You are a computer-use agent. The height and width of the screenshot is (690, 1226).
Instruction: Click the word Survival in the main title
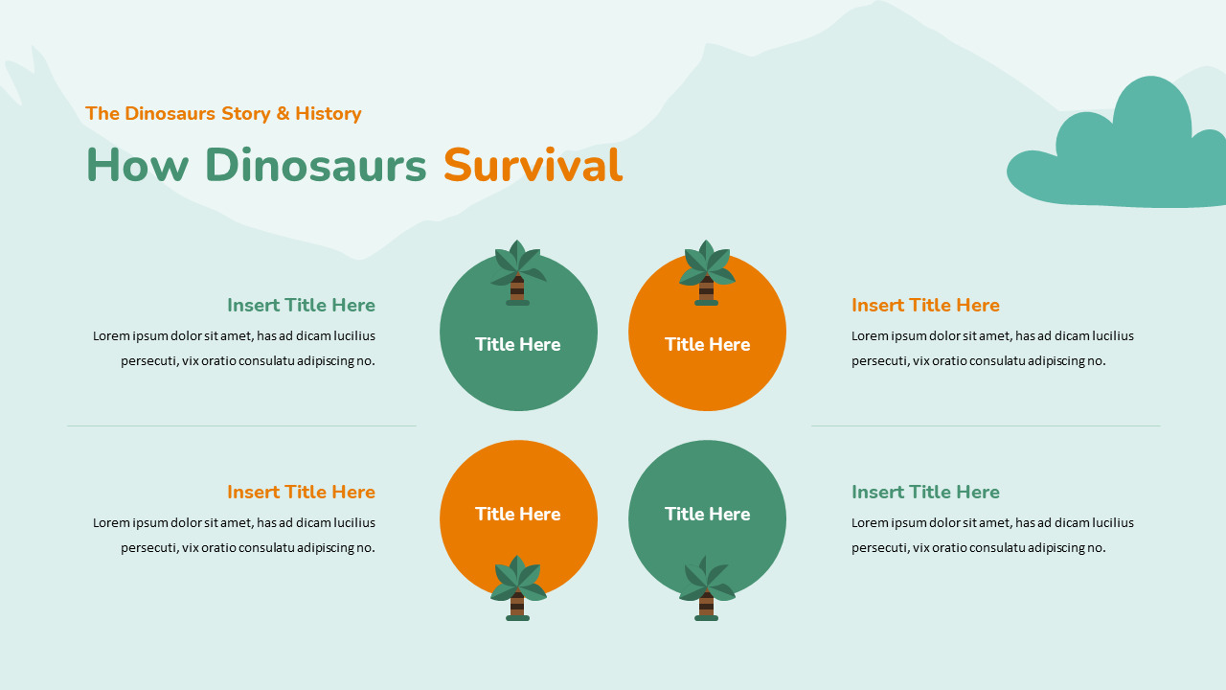coord(533,166)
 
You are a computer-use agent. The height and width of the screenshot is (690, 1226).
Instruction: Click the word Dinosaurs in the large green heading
coord(315,166)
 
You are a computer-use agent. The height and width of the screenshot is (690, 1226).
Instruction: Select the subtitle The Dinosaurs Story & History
coord(223,114)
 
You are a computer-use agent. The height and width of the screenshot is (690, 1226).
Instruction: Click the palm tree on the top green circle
coord(518,272)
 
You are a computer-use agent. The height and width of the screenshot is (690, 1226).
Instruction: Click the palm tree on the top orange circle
coord(707,272)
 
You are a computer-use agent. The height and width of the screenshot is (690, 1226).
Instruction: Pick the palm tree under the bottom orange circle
coord(518,587)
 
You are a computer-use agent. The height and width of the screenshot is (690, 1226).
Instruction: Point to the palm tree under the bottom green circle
coord(707,587)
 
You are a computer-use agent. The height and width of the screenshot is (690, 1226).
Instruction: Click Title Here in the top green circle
coord(518,344)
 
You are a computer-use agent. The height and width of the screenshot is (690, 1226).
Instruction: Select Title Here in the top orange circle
coord(707,344)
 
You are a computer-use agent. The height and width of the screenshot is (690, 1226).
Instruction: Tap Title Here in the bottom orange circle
coord(518,514)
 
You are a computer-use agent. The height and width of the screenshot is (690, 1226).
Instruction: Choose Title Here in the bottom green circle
coord(707,514)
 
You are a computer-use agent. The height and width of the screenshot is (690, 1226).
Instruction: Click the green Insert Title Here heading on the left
coord(301,306)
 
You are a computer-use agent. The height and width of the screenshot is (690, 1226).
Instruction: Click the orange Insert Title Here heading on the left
coord(301,493)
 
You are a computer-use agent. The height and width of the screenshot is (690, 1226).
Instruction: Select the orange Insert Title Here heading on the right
coord(925,306)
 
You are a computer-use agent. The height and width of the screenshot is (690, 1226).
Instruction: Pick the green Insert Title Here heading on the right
coord(925,493)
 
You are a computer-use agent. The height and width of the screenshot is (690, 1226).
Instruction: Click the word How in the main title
coord(138,166)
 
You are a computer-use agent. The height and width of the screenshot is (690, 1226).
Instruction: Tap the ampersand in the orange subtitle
coord(283,114)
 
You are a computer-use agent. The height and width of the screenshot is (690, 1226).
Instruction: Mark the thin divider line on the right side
coord(986,425)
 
